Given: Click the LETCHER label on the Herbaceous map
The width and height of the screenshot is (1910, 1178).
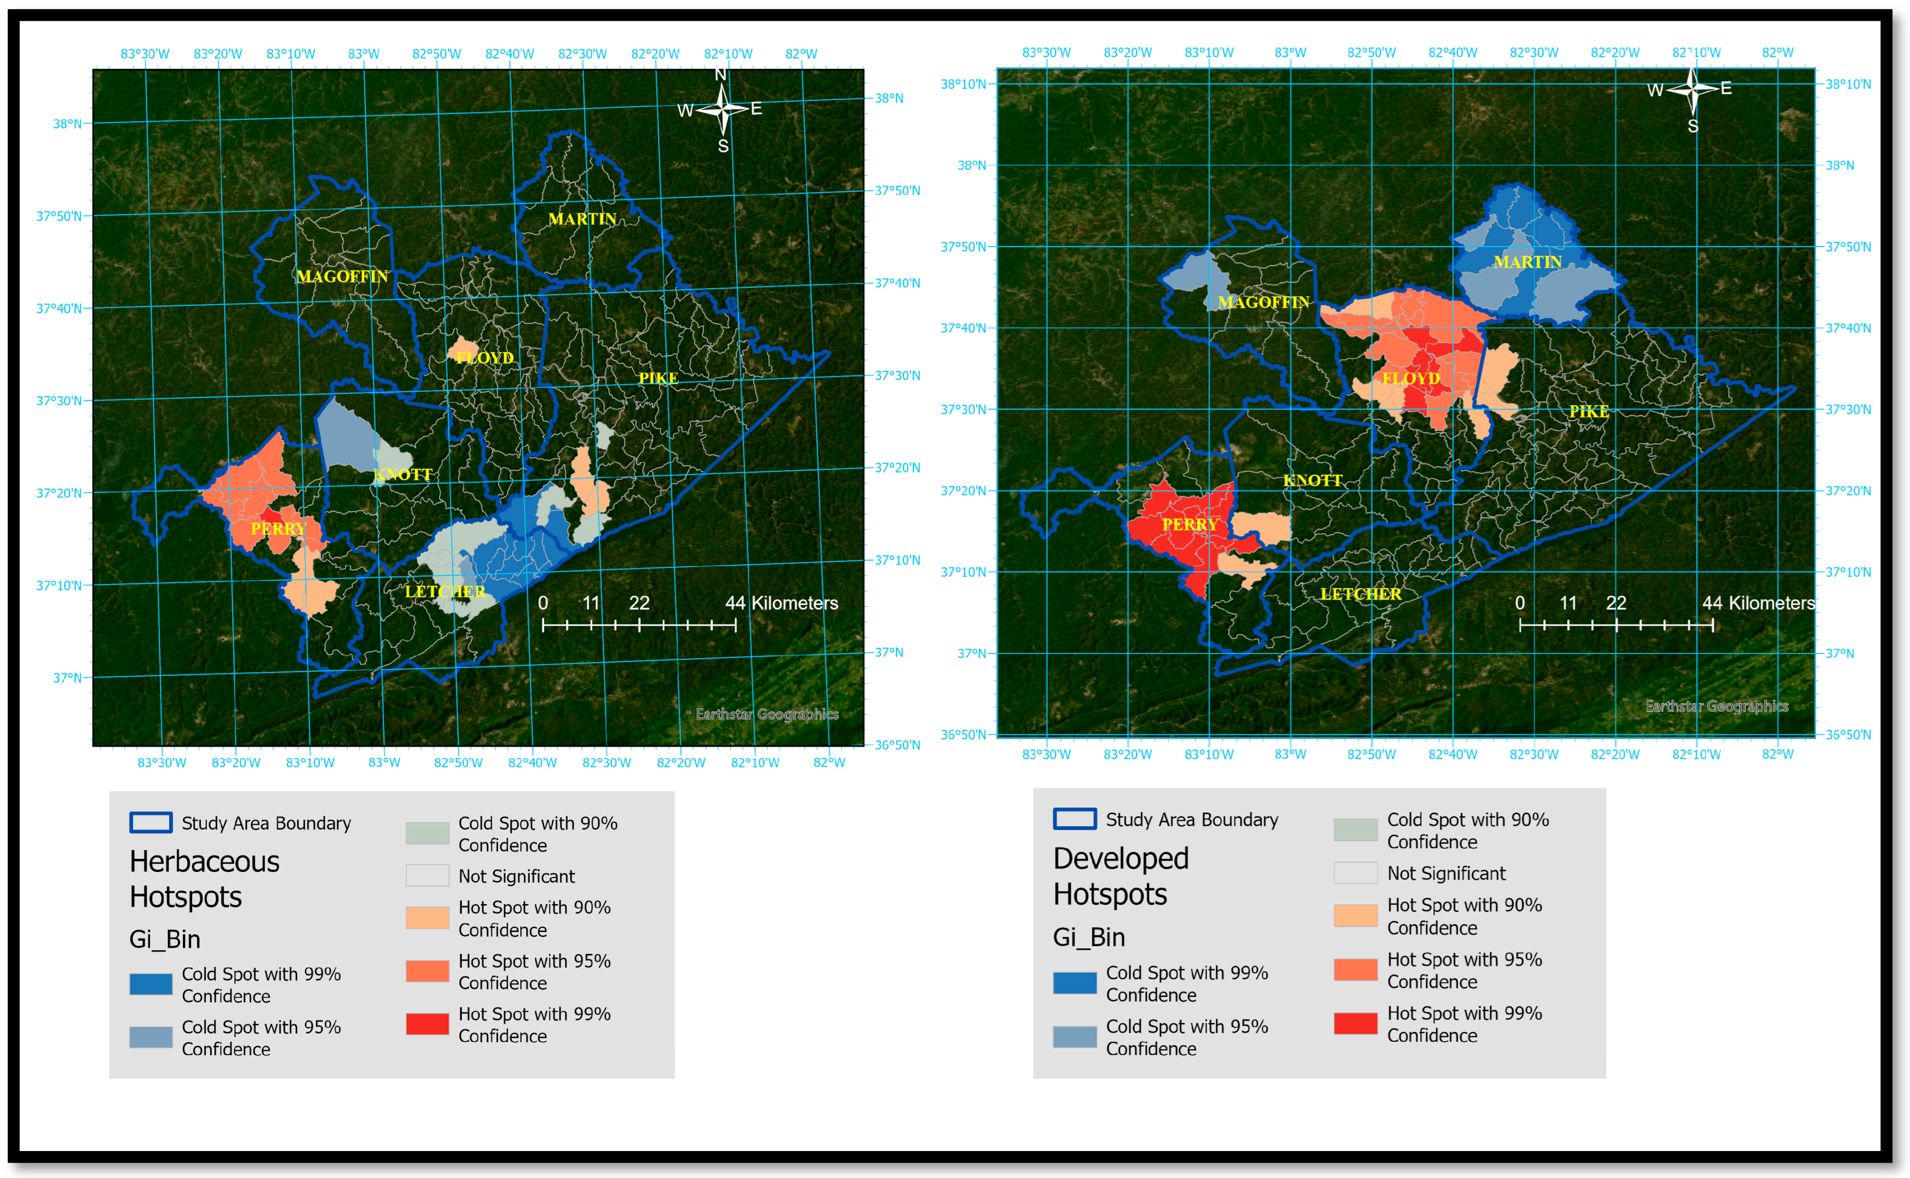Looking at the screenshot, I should pos(444,592).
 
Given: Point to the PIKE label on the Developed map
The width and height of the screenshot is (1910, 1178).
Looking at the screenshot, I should pos(1588,411).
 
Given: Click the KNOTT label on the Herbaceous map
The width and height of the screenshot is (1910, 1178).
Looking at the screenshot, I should pos(403,475).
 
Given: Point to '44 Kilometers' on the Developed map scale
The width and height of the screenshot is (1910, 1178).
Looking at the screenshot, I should pos(1758,603).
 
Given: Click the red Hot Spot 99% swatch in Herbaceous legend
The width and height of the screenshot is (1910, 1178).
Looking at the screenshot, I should pos(427,1024).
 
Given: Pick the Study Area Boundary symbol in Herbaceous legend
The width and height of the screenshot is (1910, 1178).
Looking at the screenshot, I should pos(150,823).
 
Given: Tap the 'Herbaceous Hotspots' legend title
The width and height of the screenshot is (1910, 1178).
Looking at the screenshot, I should pos(204,879).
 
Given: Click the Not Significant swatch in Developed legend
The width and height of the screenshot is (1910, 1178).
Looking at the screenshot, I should pos(1355,874).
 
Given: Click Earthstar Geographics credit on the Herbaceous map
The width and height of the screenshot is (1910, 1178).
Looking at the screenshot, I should pos(767,715).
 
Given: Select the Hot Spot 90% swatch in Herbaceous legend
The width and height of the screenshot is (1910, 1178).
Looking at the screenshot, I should pos(427,918).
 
